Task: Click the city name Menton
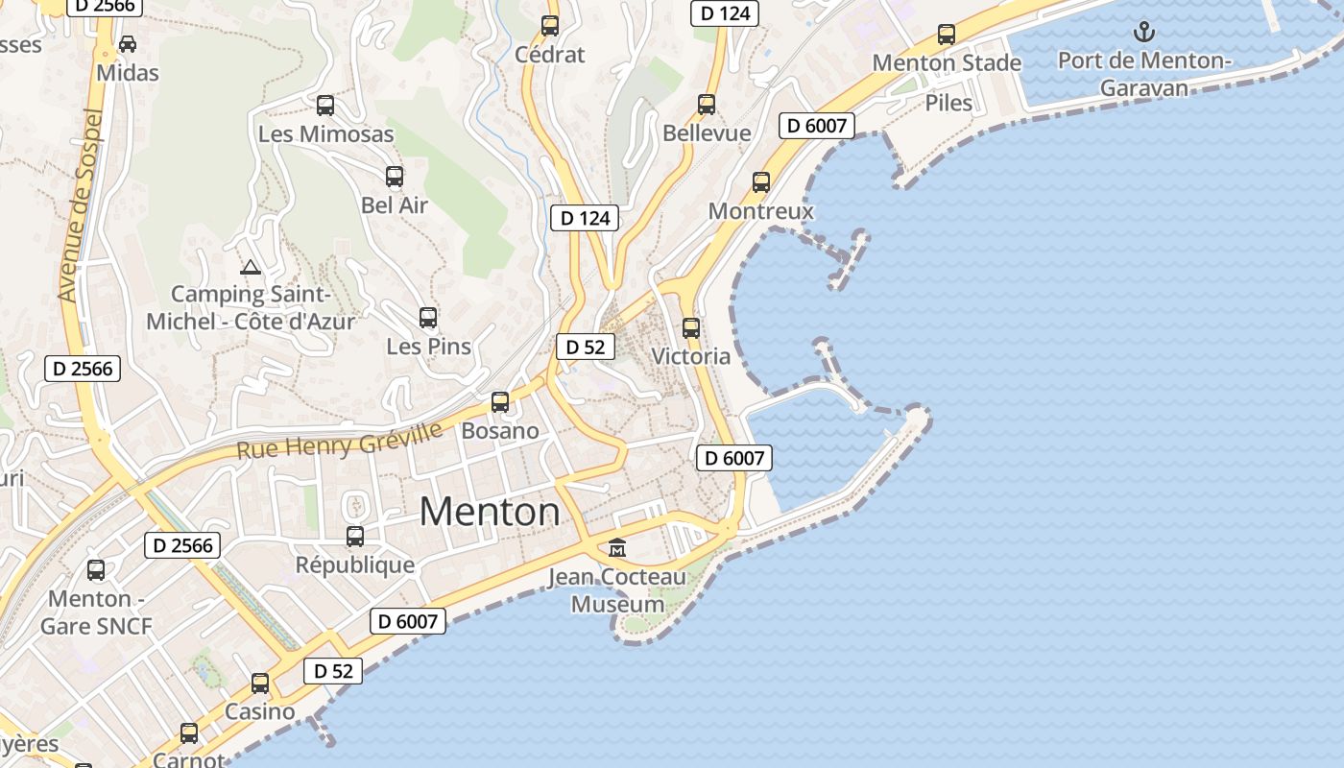490,512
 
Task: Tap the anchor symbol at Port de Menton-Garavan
1143,33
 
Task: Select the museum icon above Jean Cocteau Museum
617,548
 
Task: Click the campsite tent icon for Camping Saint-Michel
251,267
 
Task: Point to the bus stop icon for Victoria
690,328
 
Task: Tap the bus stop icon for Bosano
499,402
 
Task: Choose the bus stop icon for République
355,537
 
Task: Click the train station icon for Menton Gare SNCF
96,570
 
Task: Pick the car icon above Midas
127,44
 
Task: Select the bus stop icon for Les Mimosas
325,106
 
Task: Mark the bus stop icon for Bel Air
395,177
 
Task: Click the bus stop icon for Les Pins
428,317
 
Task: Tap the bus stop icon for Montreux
761,182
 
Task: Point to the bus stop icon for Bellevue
707,105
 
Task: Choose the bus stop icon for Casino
260,684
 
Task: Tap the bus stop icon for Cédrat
549,26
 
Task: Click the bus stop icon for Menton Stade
947,35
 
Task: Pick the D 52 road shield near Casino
333,671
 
